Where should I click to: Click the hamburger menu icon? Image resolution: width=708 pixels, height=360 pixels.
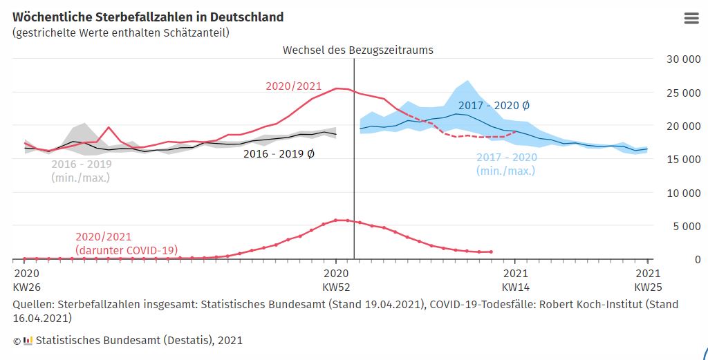point(691,19)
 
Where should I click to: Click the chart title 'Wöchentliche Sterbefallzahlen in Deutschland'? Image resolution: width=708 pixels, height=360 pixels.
point(147,17)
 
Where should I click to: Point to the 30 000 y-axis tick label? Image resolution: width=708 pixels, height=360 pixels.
point(682,59)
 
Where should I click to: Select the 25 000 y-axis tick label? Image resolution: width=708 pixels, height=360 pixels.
point(682,93)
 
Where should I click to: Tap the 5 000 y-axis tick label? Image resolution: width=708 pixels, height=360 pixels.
point(685,226)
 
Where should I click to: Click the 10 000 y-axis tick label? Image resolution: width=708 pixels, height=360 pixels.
point(682,193)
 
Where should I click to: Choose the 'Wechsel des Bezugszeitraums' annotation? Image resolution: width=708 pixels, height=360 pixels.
point(357,50)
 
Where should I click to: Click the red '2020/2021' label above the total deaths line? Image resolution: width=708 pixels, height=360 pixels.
point(294,86)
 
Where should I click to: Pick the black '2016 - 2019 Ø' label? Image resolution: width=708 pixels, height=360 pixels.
point(279,154)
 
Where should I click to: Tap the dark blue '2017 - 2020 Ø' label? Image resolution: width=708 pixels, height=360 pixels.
point(494,106)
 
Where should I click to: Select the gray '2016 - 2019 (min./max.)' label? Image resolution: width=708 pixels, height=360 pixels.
point(81,171)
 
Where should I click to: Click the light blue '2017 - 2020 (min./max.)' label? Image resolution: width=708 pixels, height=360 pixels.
point(506,164)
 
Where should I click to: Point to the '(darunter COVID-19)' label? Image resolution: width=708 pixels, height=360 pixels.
point(127,249)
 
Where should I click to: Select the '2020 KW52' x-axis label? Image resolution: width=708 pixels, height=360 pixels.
point(336,280)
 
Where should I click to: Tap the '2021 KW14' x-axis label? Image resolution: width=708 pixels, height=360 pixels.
point(515,280)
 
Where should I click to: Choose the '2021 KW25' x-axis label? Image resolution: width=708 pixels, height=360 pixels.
point(648,280)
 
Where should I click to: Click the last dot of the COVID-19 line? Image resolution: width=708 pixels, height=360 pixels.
point(491,252)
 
